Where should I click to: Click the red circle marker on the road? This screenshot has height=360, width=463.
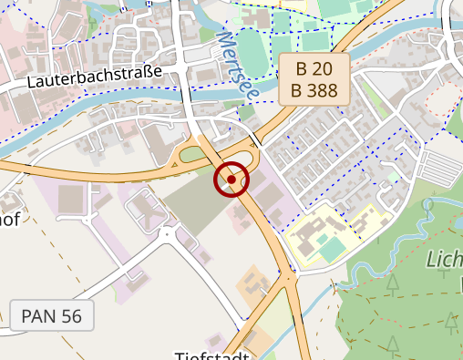(x=231, y=180)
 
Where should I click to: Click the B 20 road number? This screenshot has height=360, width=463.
(x=315, y=69)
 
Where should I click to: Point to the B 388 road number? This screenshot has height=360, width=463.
(x=315, y=90)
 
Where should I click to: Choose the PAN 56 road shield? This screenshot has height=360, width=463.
(x=51, y=316)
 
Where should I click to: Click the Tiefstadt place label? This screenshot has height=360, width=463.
(x=211, y=355)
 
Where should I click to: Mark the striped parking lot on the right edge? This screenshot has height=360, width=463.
(x=441, y=168)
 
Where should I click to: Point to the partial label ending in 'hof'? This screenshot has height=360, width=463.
(x=9, y=220)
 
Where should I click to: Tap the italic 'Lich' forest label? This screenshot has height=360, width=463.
(x=444, y=260)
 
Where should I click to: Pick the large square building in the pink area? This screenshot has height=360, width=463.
(x=72, y=199)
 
